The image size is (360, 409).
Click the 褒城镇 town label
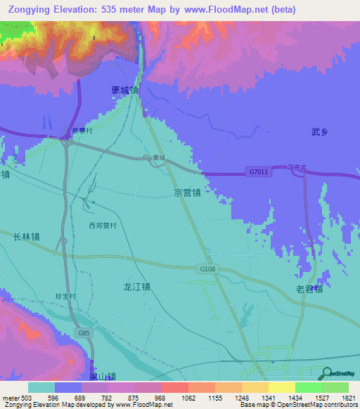[125, 90]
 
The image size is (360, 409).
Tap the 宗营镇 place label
[188, 191]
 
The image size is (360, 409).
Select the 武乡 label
[320, 131]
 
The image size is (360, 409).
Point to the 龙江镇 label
[137, 287]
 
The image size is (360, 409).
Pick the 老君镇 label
[309, 289]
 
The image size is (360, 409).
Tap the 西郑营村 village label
[102, 226]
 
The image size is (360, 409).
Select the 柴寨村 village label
[83, 131]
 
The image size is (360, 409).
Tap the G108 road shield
[204, 268]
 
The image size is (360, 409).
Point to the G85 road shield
[84, 332]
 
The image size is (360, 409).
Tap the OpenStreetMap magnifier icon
[328, 373]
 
